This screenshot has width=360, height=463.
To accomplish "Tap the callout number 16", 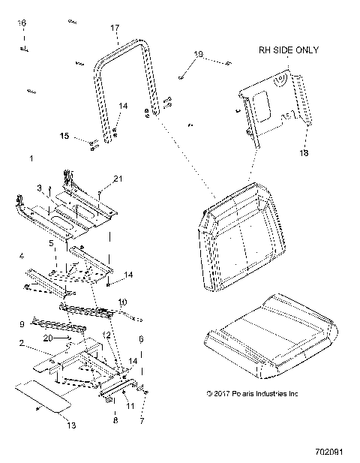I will (22, 24).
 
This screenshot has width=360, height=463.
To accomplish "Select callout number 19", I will (198, 53).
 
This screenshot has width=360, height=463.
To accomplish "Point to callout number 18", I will (304, 152).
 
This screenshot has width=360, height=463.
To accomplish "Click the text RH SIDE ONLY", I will (288, 50).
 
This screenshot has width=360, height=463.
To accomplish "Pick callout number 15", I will (65, 136).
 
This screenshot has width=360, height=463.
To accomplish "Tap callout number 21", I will (116, 177).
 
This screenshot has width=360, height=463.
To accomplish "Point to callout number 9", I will (22, 323).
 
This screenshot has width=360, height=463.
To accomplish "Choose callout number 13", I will (70, 425).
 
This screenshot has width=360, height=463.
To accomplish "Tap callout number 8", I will (115, 420).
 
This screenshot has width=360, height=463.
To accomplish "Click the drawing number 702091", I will (330, 452).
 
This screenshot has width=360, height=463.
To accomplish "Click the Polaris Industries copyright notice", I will (251, 392).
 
